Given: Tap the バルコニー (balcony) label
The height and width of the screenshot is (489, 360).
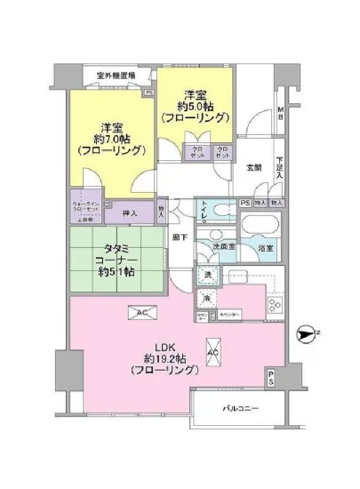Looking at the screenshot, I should pos(240,408).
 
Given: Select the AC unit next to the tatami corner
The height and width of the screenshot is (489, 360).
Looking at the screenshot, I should pos(141,311).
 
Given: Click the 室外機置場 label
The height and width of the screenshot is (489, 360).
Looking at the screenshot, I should pos(116,76).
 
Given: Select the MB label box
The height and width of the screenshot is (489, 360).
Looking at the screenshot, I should pos(279,114).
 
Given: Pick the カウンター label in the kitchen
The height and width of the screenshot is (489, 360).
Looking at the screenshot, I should pos(228,314).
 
